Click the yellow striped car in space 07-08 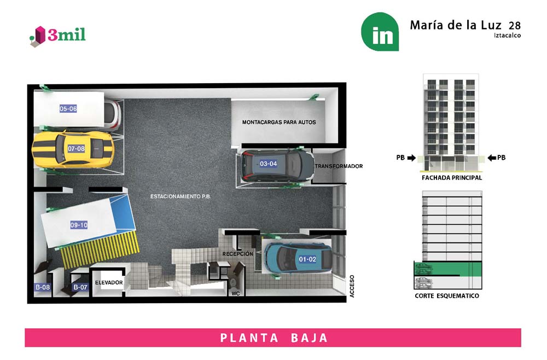tap(73, 149)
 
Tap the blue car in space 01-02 tap(298, 258)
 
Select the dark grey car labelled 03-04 tap(277, 165)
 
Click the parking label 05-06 tap(68, 108)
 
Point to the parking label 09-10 tap(79, 225)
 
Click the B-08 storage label tap(43, 287)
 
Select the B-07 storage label tap(80, 287)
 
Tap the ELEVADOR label tap(109, 282)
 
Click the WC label tap(236, 294)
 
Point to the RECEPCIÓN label tap(238, 254)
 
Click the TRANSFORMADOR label tap(339, 166)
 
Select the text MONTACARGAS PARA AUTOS tap(279, 122)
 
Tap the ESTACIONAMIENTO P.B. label tap(181, 196)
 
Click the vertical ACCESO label tap(352, 286)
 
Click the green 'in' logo tap(380, 32)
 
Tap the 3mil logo tap(58, 36)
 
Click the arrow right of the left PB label tap(412, 158)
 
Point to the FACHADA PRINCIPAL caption tap(452, 178)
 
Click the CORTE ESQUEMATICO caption tap(447, 296)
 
